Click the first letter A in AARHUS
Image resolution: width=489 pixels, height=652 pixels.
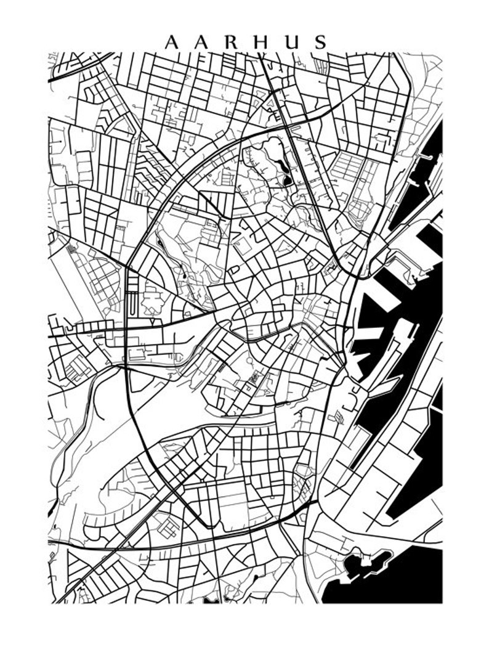point(172,42)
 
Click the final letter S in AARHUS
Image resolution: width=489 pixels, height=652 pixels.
point(320,42)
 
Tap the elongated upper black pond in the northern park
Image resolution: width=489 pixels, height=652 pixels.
point(280,165)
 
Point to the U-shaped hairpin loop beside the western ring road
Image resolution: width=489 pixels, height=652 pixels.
point(132,302)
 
